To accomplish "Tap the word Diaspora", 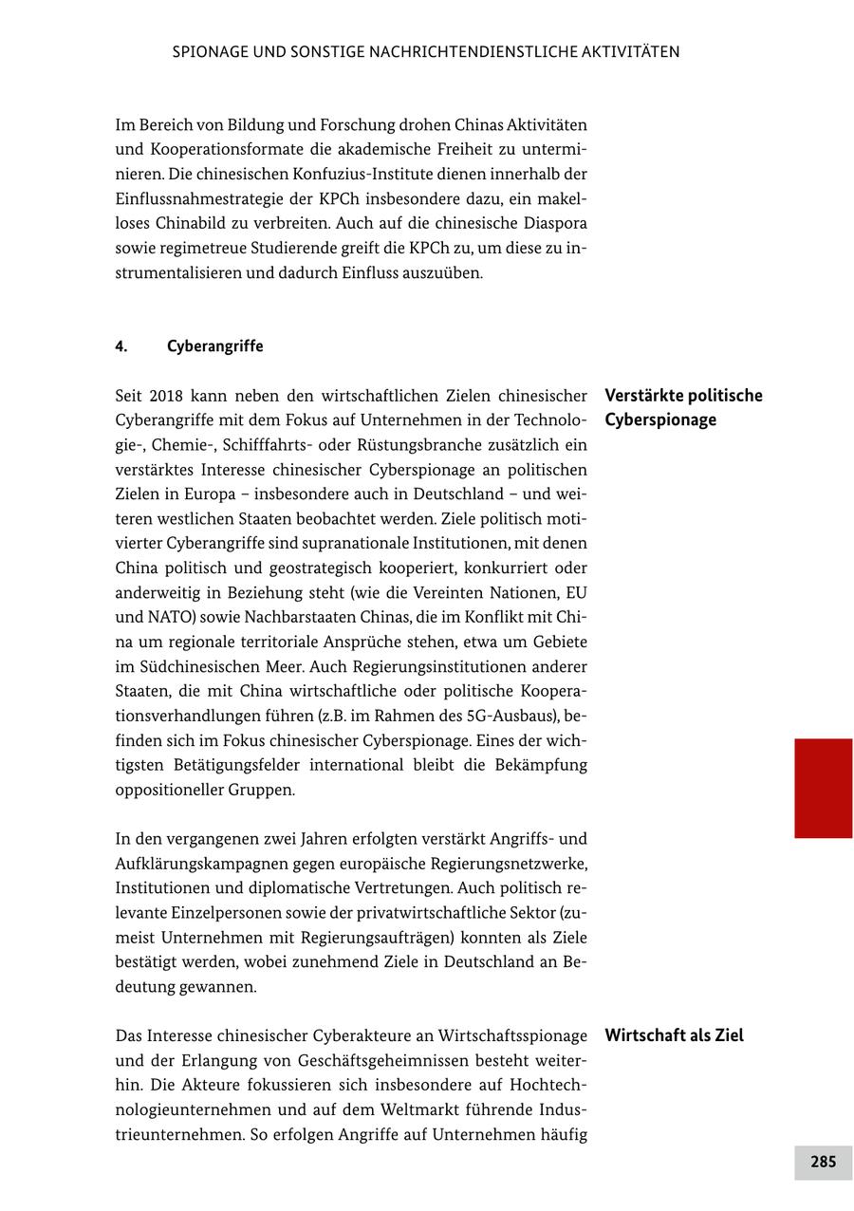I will (x=553, y=224).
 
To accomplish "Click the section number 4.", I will (x=121, y=346).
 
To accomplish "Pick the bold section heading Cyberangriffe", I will (x=215, y=346).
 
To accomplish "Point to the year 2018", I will (x=166, y=396).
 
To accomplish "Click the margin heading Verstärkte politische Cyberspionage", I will (x=683, y=407).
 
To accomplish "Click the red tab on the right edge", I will (x=823, y=788).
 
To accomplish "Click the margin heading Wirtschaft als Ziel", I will (x=674, y=1035).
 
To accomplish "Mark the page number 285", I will (x=823, y=1162).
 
